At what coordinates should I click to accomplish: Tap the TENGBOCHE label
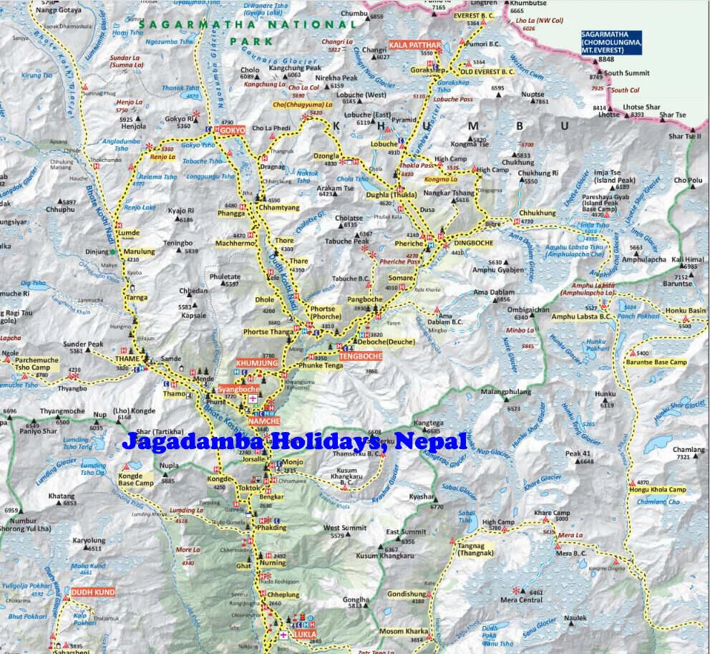pyautogui.click(x=357, y=356)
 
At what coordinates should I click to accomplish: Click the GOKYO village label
pyautogui.click(x=232, y=131)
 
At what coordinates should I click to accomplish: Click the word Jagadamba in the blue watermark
pyautogui.click(x=191, y=440)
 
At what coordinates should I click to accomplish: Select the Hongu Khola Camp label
pyautogui.click(x=658, y=489)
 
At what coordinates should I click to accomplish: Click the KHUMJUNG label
pyautogui.click(x=256, y=363)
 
